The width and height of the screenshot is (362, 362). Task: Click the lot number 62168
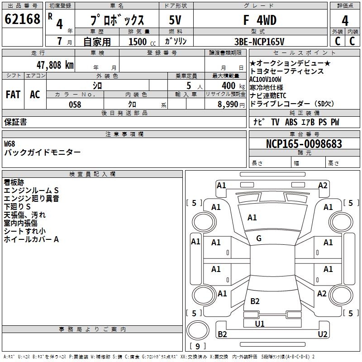(23, 19)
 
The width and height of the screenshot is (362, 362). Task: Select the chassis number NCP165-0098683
(304, 144)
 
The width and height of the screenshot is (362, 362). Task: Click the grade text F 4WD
(260, 20)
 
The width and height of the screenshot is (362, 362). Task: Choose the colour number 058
(75, 105)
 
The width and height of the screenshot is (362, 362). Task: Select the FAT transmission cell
(13, 95)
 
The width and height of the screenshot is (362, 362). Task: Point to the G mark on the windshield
(259, 238)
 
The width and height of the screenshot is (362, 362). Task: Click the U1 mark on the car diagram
(260, 324)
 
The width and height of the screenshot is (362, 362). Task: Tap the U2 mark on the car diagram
(322, 334)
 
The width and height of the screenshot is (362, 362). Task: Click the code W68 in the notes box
(10, 144)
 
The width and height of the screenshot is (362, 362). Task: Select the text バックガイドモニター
(43, 152)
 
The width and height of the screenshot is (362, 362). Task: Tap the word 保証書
(15, 122)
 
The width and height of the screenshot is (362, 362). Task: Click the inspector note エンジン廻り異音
(31, 199)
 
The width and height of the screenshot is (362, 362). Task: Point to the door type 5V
(175, 20)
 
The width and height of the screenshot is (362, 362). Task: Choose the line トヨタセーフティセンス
(287, 71)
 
